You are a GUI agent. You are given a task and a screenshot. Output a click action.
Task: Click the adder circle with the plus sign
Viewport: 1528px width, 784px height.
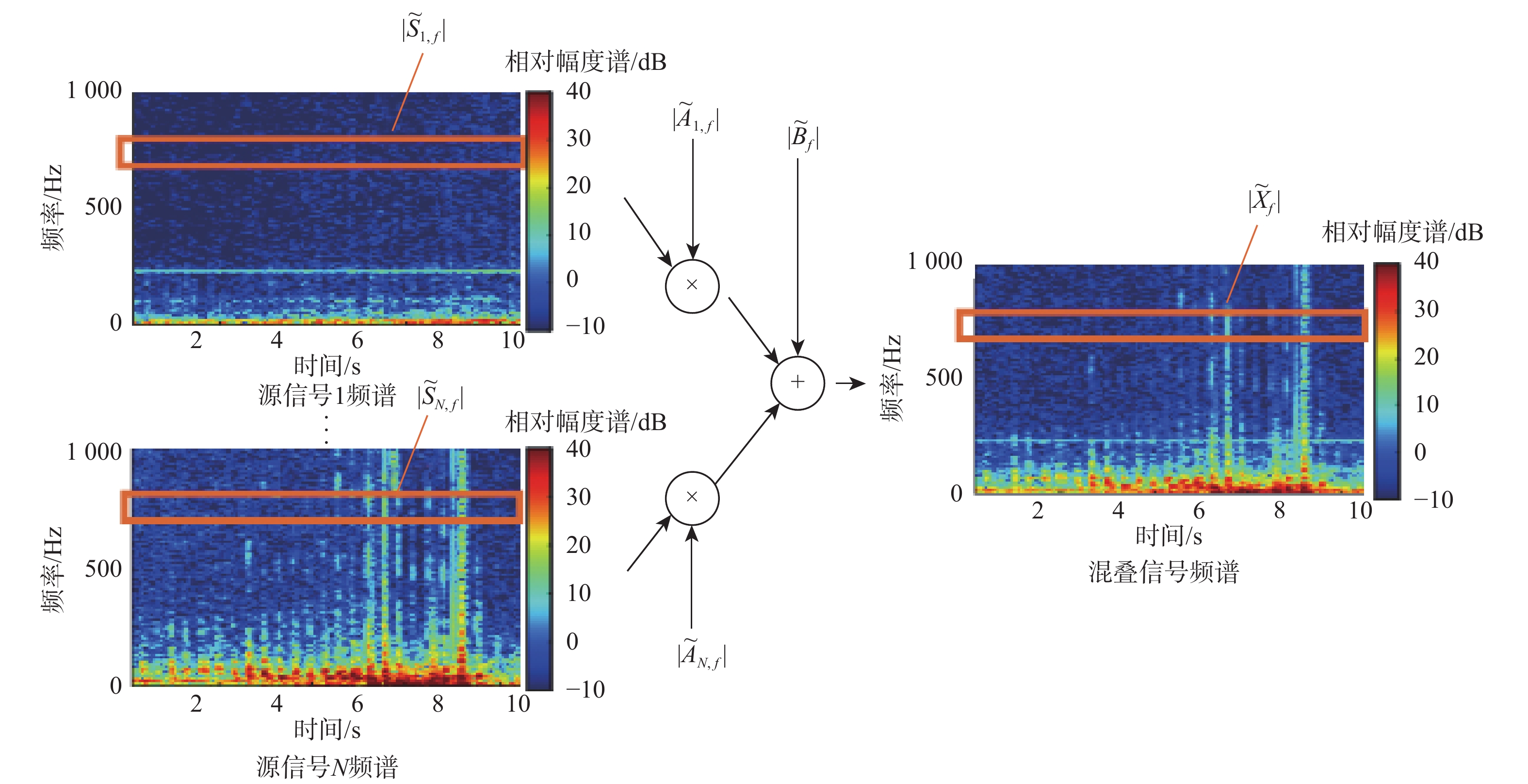click(797, 383)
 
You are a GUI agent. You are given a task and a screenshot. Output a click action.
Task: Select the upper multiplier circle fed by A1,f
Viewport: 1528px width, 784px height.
click(692, 285)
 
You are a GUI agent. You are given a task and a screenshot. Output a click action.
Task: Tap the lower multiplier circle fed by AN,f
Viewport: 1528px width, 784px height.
click(692, 498)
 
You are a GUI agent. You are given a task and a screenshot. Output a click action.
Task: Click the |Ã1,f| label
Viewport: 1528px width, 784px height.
click(695, 117)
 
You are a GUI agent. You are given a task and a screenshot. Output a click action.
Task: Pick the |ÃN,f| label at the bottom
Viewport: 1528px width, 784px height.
click(701, 654)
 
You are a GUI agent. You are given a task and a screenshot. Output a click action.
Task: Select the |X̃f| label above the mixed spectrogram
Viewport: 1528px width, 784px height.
click(1264, 200)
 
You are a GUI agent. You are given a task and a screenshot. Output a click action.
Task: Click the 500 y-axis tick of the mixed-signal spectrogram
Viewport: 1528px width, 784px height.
click(943, 378)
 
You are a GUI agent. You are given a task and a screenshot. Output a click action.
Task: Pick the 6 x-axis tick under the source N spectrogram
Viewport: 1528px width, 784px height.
click(357, 704)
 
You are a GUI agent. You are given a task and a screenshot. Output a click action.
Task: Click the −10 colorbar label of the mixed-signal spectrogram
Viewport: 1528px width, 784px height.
click(1433, 500)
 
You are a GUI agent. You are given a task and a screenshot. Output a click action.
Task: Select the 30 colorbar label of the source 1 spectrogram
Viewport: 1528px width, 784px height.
click(578, 138)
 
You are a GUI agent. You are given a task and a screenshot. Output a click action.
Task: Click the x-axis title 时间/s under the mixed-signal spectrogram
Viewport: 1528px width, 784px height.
click(1168, 536)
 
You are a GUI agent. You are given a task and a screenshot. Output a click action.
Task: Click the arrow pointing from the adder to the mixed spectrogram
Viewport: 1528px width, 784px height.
click(851, 384)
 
